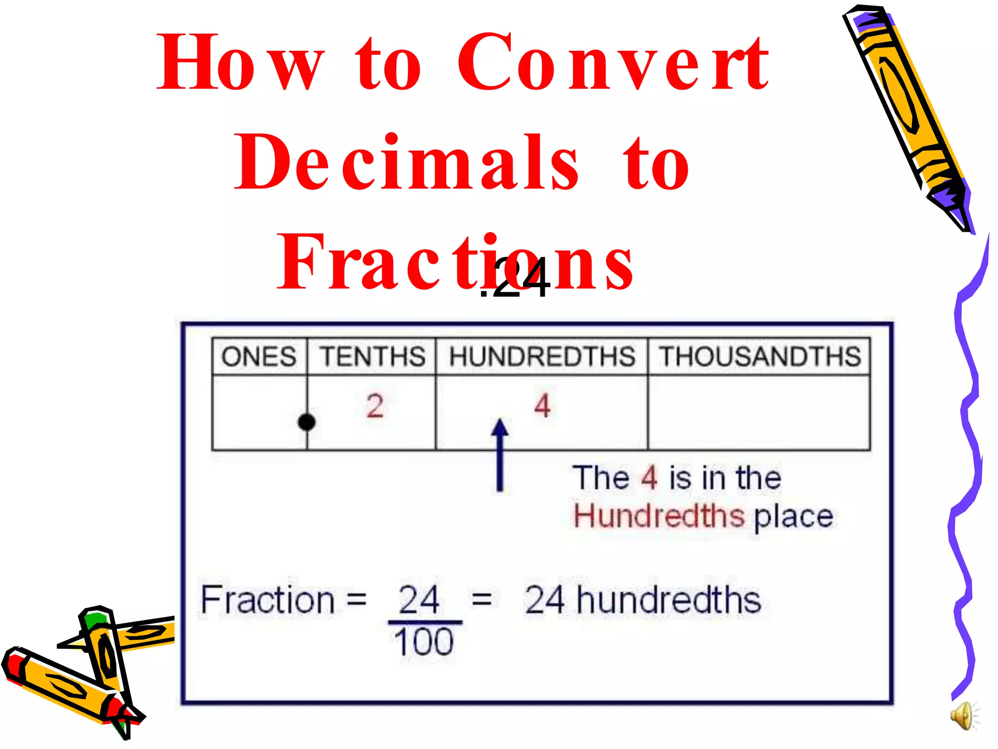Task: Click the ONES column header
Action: pyautogui.click(x=259, y=356)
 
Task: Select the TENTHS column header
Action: pyautogui.click(x=372, y=356)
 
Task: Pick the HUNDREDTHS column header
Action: pyautogui.click(x=542, y=356)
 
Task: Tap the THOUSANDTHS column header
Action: pyautogui.click(x=760, y=356)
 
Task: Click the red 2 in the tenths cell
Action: pyautogui.click(x=375, y=406)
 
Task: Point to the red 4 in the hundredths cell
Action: pyautogui.click(x=542, y=406)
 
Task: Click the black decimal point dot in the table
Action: pyautogui.click(x=307, y=422)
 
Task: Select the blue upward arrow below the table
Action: pyautogui.click(x=499, y=453)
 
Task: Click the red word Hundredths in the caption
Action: pyautogui.click(x=659, y=516)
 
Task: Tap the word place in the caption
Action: pyautogui.click(x=793, y=517)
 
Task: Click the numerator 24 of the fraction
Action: pyautogui.click(x=419, y=600)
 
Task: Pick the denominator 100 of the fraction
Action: pyautogui.click(x=424, y=642)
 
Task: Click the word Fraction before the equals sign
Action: pyautogui.click(x=267, y=600)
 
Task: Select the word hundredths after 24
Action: pyautogui.click(x=669, y=600)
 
